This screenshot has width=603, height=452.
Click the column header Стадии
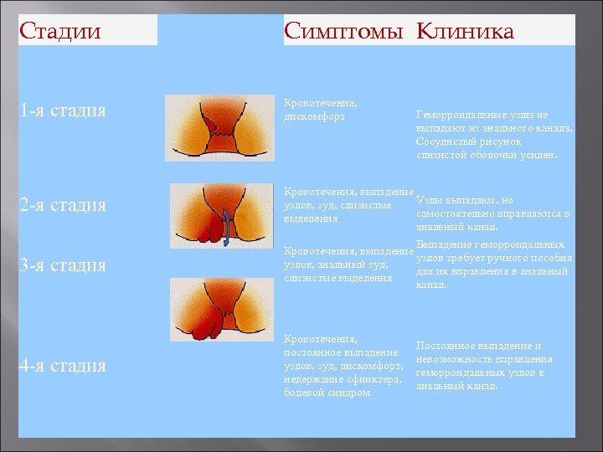(x=59, y=32)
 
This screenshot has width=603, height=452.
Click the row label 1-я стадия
(x=64, y=110)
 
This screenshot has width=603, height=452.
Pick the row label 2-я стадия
(x=64, y=205)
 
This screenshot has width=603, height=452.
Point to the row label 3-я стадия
(x=64, y=265)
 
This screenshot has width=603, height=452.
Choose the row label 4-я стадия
(x=64, y=366)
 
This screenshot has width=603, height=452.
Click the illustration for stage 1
(x=219, y=127)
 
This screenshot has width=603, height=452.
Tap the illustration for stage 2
(x=221, y=216)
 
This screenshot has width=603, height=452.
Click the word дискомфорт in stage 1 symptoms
(x=314, y=116)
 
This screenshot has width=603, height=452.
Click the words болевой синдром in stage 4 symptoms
(x=327, y=393)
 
